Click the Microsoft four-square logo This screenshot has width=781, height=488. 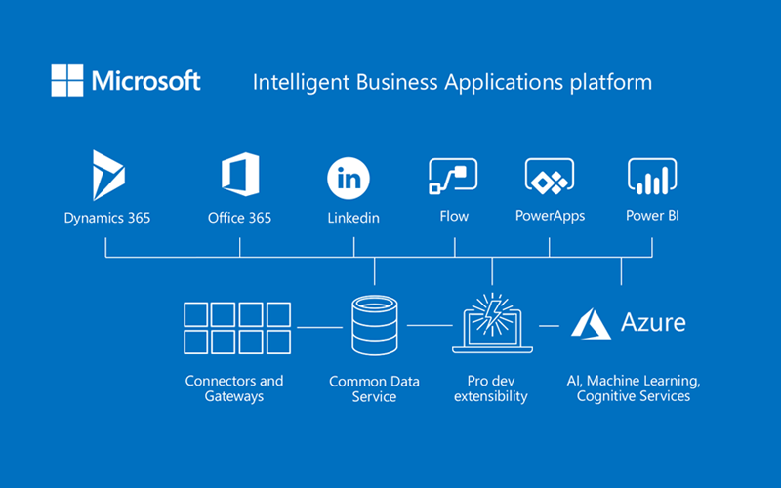point(67,80)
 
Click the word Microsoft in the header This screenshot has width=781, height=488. point(146,80)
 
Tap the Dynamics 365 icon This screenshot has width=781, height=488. point(107,176)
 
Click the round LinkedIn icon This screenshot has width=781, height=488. point(349,179)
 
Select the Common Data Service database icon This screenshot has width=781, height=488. point(375,328)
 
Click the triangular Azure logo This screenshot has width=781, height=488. point(591,324)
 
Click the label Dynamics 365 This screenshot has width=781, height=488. point(107,217)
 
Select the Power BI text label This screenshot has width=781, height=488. point(651,216)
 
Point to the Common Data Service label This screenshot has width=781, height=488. point(375,388)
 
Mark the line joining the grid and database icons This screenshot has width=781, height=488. point(318,327)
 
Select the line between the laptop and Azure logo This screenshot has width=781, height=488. point(550,326)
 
